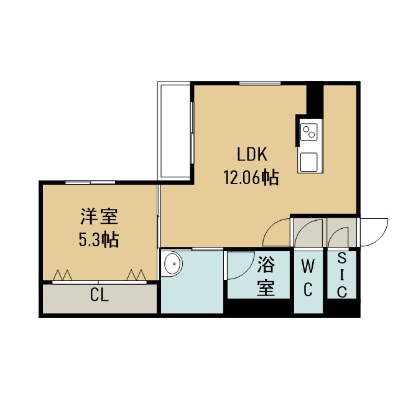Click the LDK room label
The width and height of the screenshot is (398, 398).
point(252,154)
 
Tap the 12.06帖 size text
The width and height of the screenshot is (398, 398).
point(251,177)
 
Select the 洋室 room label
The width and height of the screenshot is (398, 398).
point(99,216)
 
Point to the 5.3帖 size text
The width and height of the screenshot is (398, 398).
point(99,240)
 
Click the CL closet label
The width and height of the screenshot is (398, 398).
point(99,295)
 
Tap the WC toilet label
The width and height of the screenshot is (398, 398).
point(308,279)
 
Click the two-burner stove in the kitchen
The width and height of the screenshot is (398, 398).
point(309,131)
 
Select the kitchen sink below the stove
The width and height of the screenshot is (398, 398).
point(308,162)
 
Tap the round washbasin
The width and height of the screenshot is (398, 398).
point(173,264)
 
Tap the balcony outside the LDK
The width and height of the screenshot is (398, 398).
point(174,131)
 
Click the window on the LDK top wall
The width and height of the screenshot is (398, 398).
point(260,83)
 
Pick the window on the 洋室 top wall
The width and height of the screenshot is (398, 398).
point(90,182)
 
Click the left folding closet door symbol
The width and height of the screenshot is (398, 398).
point(62,275)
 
